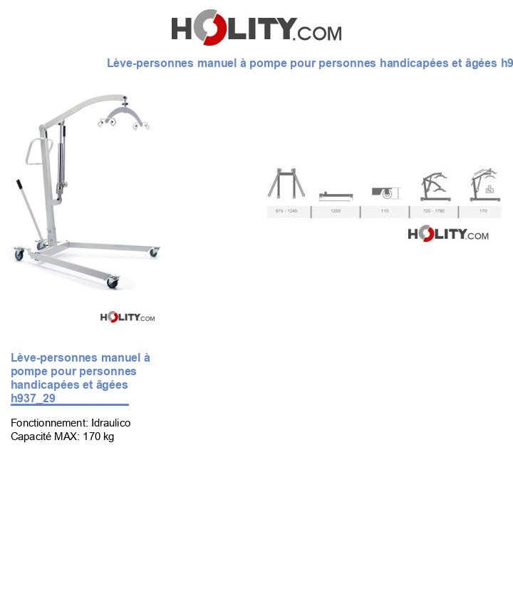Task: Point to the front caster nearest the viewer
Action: pos(113,282)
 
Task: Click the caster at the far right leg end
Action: pos(154,252)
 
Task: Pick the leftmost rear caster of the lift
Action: pos(19,254)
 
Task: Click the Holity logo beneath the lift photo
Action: pos(127,317)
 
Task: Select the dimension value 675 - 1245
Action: pos(286,212)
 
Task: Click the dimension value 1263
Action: pos(336,212)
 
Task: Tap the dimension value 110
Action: pos(385,212)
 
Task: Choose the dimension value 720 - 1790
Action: pos(433,212)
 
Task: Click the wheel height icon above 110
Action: pos(385,193)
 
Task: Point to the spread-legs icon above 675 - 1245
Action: pos(286,184)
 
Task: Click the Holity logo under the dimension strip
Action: pos(447,234)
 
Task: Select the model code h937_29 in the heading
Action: pos(33,398)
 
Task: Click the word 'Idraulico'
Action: pos(110,423)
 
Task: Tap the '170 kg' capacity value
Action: pos(98,437)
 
